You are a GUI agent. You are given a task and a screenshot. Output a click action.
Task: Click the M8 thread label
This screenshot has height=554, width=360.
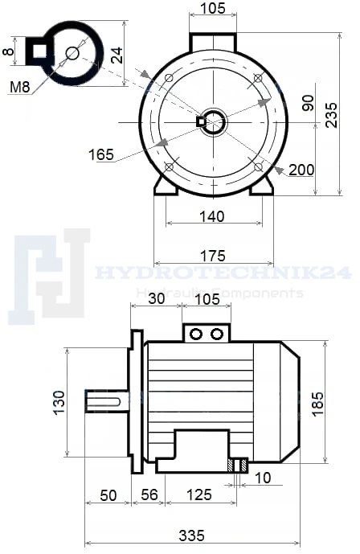(20, 87)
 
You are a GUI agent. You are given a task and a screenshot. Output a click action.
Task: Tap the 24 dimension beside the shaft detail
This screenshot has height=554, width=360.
(117, 55)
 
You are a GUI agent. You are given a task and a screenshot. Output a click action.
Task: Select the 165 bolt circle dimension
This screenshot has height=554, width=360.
(101, 154)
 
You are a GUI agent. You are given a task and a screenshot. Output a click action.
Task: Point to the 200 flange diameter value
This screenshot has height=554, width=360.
(301, 170)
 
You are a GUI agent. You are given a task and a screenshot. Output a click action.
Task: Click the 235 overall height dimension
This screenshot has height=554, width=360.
(331, 115)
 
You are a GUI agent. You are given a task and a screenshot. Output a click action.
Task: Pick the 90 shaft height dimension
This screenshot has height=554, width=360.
(308, 103)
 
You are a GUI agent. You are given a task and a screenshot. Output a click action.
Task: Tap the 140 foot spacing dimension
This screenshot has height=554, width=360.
(212, 216)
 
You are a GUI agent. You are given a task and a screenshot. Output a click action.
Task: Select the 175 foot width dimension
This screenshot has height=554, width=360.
(212, 256)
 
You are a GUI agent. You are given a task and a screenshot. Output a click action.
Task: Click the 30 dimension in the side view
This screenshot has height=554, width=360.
(157, 298)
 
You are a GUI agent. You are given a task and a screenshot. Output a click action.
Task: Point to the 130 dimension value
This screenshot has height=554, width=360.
(59, 402)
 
